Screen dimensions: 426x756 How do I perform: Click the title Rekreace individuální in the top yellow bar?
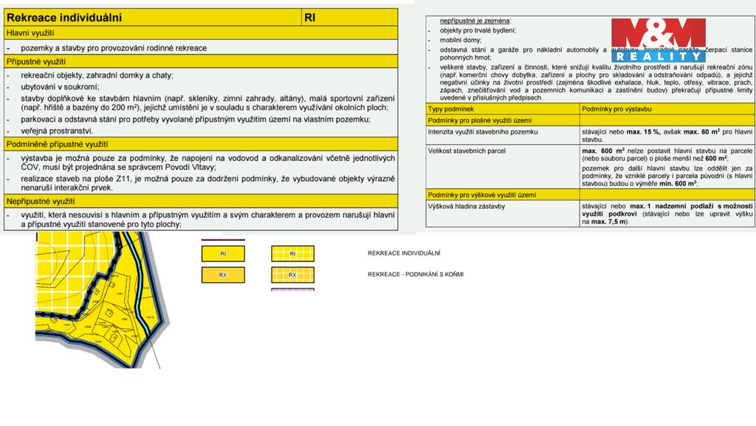(64, 17)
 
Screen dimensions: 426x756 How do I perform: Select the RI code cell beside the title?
(310, 17)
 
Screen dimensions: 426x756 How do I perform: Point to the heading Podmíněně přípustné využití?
(57, 144)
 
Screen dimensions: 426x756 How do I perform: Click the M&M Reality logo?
(659, 40)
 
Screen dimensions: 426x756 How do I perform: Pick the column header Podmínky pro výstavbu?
(618, 109)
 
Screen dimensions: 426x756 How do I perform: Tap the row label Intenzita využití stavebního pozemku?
(483, 131)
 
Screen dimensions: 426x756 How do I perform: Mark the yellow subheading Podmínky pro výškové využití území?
(481, 194)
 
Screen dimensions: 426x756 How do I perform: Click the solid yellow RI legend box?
(223, 254)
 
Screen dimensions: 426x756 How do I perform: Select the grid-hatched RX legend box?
(292, 275)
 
